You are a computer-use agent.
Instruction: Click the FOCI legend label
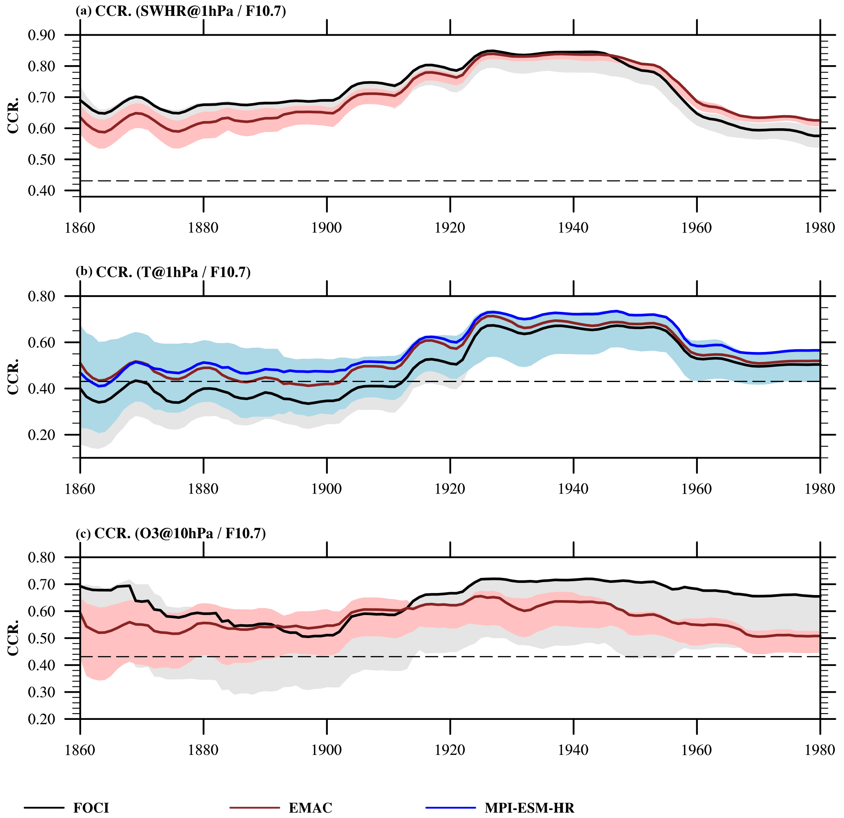[x=91, y=808]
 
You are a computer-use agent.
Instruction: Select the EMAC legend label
[x=310, y=808]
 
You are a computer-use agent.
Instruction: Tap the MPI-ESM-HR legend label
[x=529, y=808]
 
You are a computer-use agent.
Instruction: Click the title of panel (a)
[x=181, y=11]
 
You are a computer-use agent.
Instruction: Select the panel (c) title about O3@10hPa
[x=170, y=533]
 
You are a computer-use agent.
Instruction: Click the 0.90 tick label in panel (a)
[x=42, y=35]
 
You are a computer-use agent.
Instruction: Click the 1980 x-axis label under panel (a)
[x=819, y=228]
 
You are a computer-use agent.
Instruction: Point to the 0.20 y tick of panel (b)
[x=42, y=435]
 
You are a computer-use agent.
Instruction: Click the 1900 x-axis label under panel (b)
[x=327, y=489]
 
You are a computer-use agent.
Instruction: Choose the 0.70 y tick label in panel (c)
[x=42, y=585]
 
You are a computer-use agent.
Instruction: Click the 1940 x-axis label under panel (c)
[x=573, y=750]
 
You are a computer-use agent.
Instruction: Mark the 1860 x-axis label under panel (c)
[x=80, y=750]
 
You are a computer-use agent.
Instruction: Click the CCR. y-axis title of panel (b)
[x=13, y=376]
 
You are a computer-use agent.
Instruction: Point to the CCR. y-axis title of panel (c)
[x=13, y=638]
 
